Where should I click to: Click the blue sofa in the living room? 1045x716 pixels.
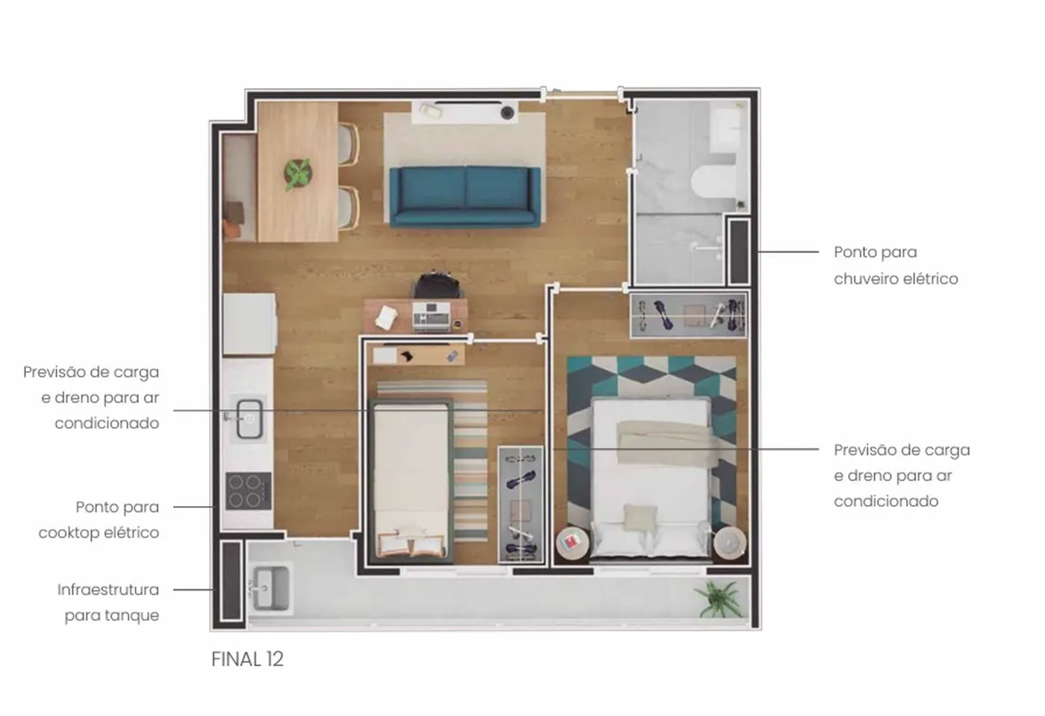(464, 197)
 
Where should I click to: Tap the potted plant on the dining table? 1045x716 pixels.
(298, 174)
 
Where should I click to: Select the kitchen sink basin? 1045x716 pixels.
(249, 419)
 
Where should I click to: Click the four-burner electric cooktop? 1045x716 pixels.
(249, 491)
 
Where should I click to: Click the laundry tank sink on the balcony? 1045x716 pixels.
(270, 588)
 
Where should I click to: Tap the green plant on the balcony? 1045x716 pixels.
(718, 599)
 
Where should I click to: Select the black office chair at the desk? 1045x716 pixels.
(437, 284)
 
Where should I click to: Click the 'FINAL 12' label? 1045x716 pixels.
(247, 659)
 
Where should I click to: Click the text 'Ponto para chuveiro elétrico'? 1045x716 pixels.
(896, 265)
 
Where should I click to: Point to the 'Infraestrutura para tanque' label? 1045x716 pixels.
(108, 602)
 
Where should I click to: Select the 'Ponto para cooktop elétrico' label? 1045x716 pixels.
(99, 520)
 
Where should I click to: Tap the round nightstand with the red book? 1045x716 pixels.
(573, 543)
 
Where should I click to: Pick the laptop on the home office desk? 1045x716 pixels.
(431, 316)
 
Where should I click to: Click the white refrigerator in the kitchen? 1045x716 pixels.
(249, 324)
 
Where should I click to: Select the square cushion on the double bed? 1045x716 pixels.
(640, 518)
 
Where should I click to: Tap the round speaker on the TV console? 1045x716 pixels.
(507, 113)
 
